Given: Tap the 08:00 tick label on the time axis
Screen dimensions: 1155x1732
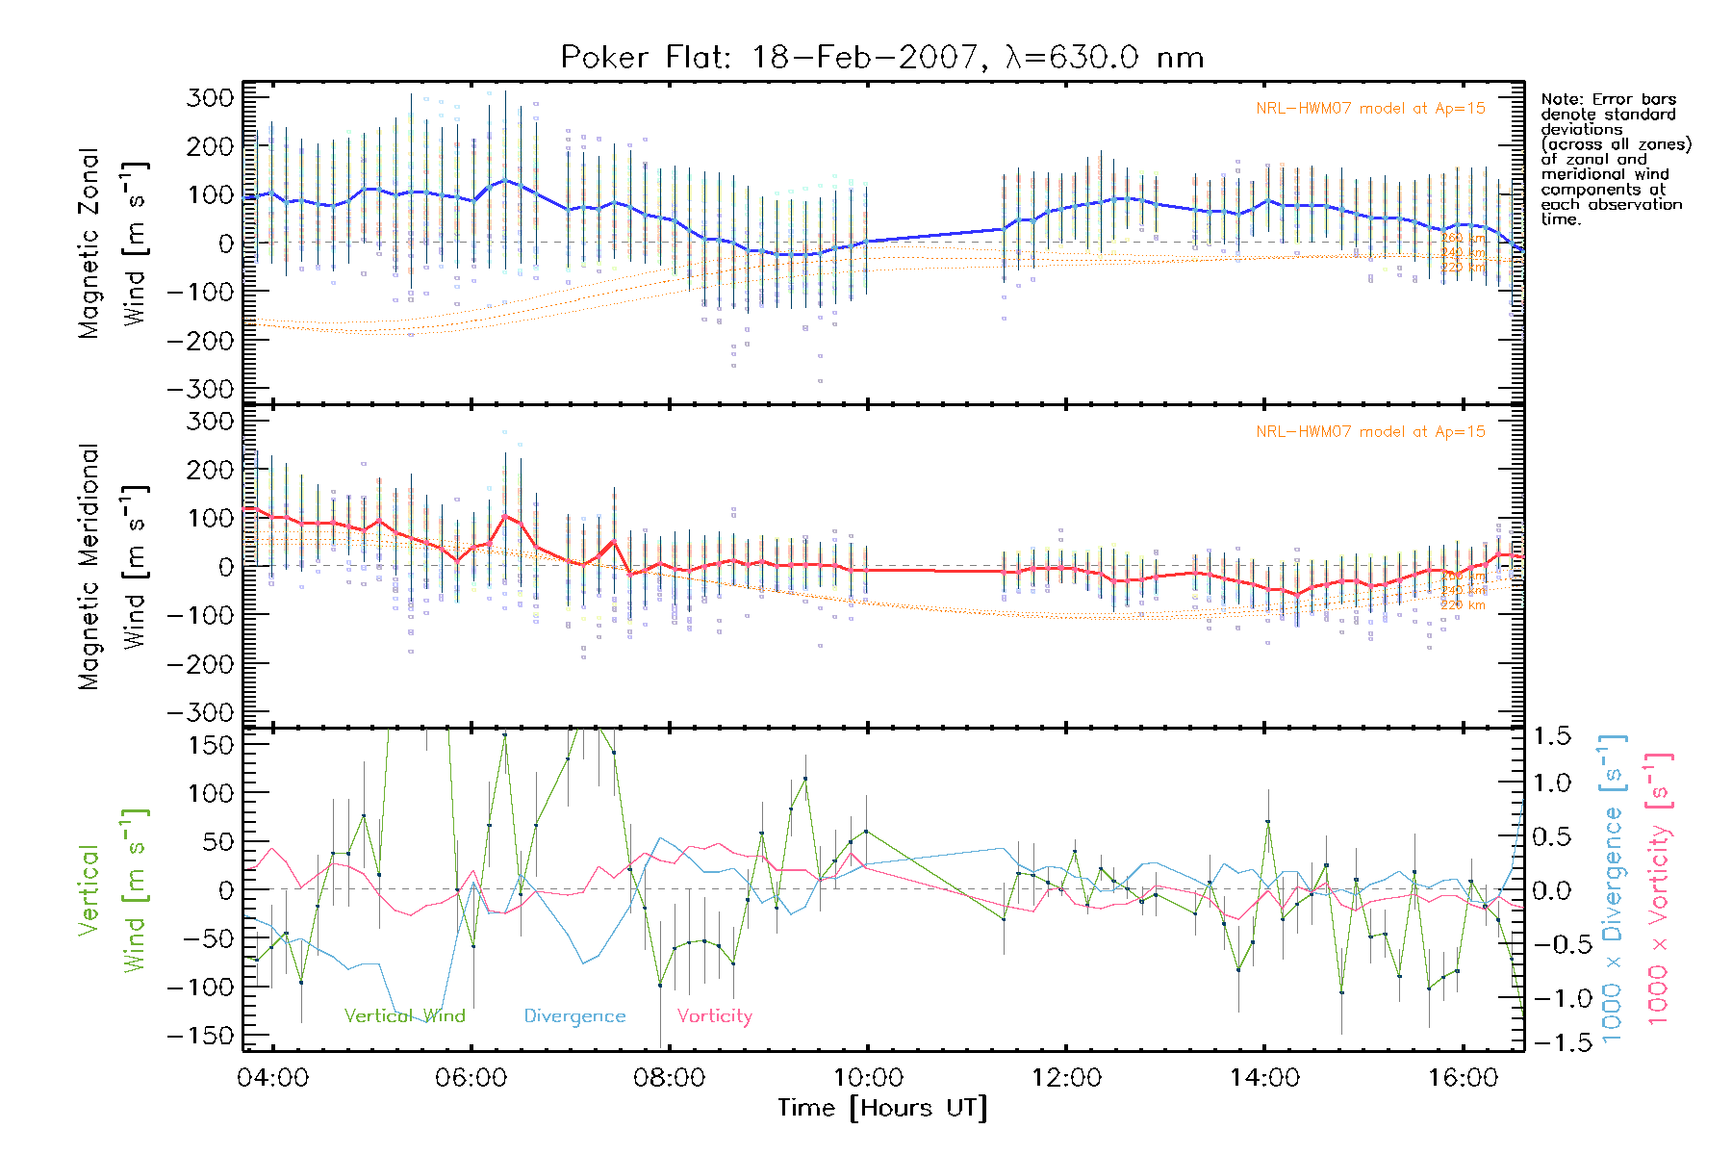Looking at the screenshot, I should (x=669, y=1077).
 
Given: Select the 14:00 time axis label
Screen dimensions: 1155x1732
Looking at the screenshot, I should (x=1264, y=1077).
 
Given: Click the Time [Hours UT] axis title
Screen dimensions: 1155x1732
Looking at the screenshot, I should (x=882, y=1108).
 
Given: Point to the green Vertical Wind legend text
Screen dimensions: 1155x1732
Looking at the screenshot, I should (x=404, y=1015).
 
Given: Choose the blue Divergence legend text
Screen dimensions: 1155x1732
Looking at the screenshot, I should (x=574, y=1015).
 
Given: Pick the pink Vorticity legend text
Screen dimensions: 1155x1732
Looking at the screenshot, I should (x=714, y=1015).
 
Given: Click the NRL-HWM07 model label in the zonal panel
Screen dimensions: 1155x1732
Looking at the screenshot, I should (x=1370, y=109).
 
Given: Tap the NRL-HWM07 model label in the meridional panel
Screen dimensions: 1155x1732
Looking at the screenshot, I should (x=1370, y=431).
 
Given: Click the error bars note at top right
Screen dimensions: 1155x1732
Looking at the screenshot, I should (x=1615, y=159).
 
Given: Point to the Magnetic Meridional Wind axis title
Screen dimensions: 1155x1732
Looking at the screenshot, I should (x=112, y=566).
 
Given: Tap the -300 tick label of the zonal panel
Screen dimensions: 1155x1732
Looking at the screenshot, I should (x=200, y=389).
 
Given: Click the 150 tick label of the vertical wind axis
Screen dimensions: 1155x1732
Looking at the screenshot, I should (x=212, y=745).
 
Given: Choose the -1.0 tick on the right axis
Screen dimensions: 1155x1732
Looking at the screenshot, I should (x=1551, y=997).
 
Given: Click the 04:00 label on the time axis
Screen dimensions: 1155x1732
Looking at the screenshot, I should (x=272, y=1077).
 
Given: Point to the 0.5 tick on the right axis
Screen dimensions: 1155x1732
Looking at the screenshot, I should (x=1551, y=835).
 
